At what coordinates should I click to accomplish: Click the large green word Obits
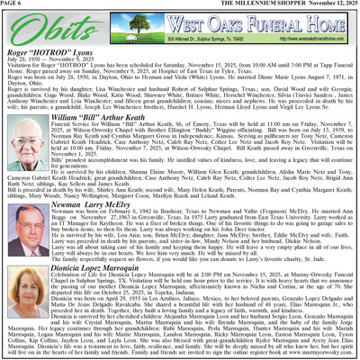(36, 30)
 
